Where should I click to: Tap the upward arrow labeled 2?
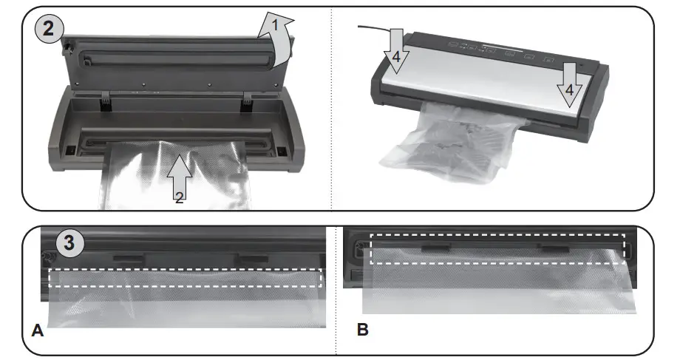179,174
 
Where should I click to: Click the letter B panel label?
362,330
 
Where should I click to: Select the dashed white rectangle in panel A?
186,277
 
